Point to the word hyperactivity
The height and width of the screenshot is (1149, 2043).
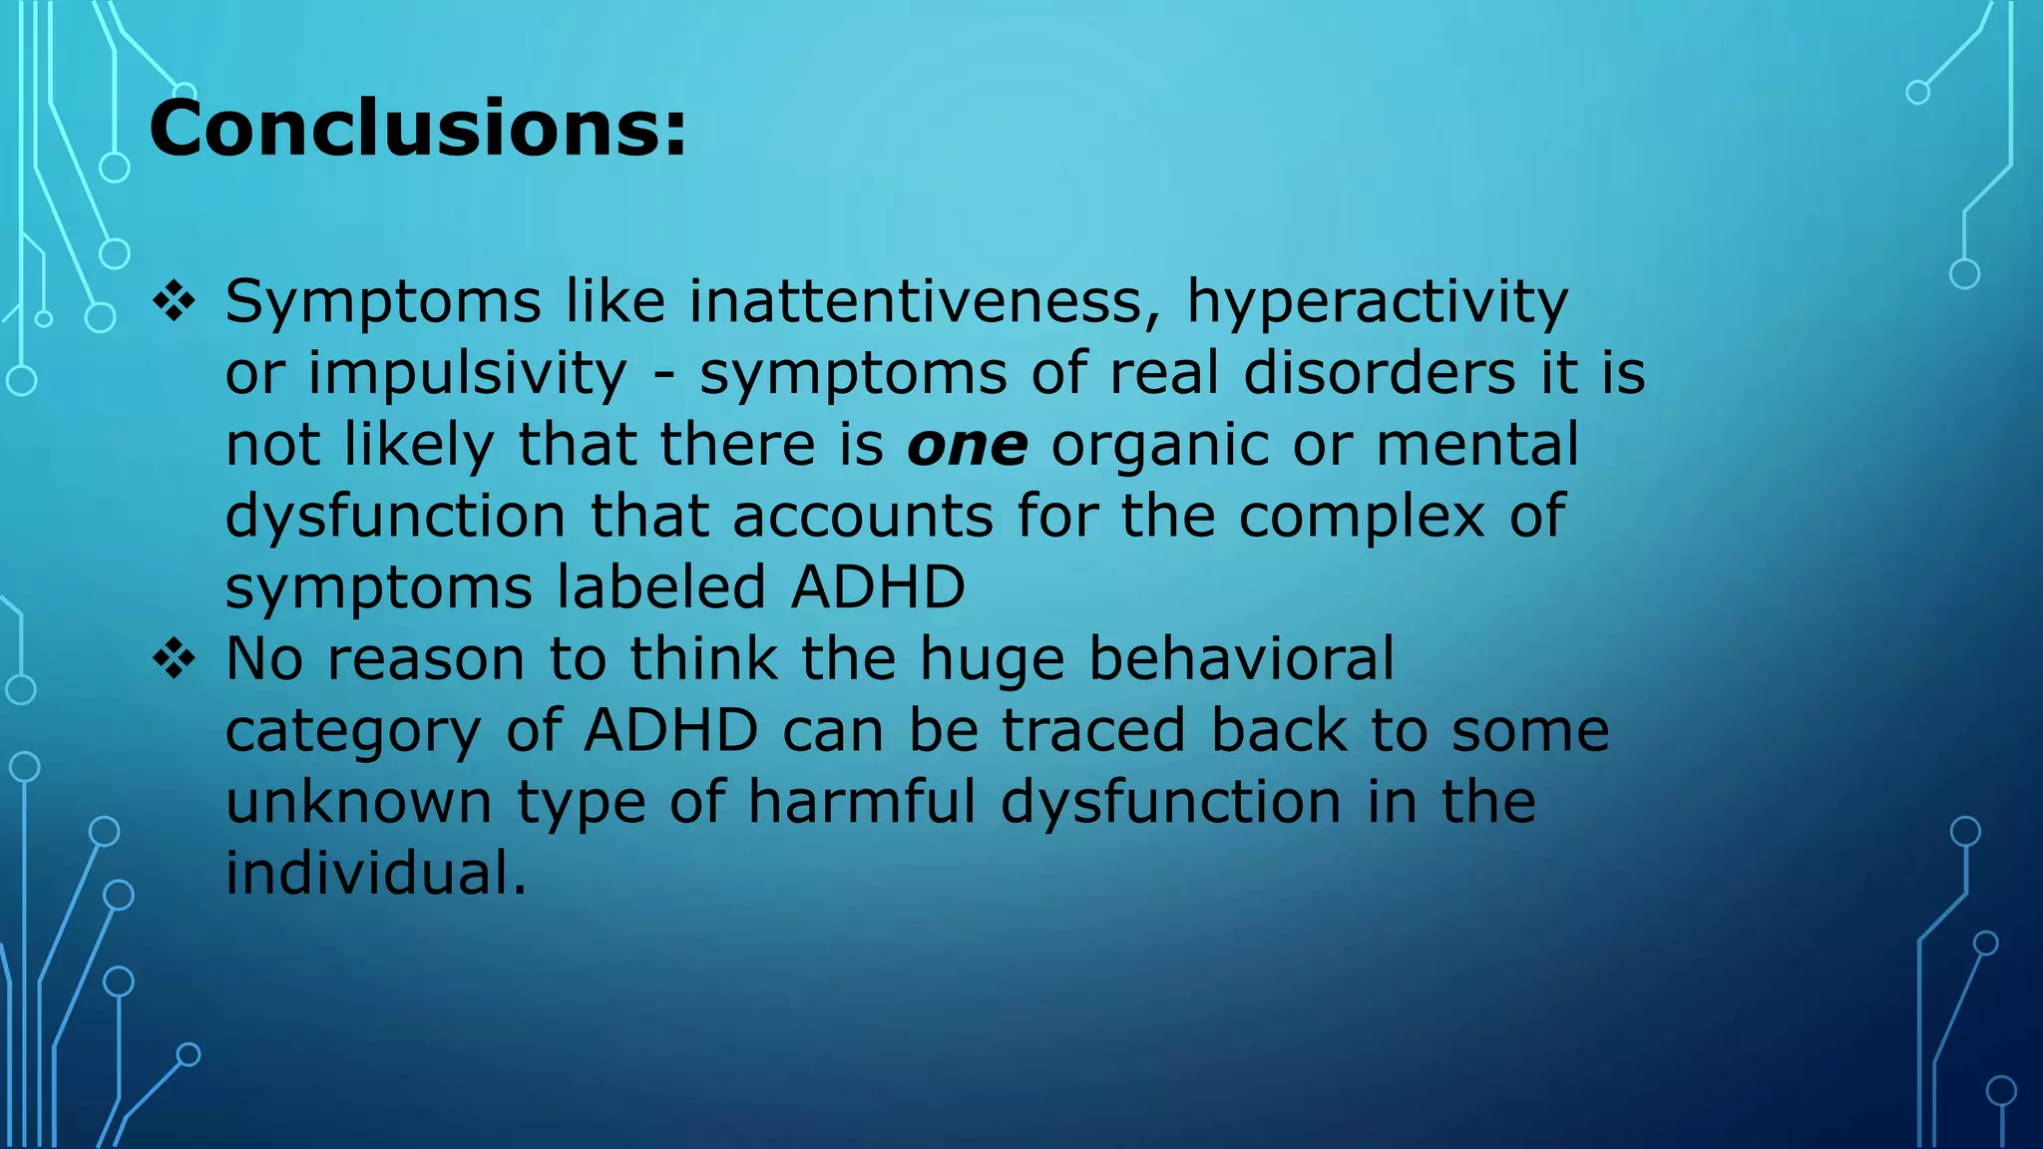[x=1377, y=302]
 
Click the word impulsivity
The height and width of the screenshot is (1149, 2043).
[x=467, y=374]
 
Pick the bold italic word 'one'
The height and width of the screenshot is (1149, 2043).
[x=967, y=445]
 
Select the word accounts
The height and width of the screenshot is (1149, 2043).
[x=863, y=517]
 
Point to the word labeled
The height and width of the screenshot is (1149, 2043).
[x=660, y=586]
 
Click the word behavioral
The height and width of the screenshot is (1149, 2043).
[x=1241, y=658]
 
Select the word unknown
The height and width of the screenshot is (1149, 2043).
[x=359, y=802]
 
